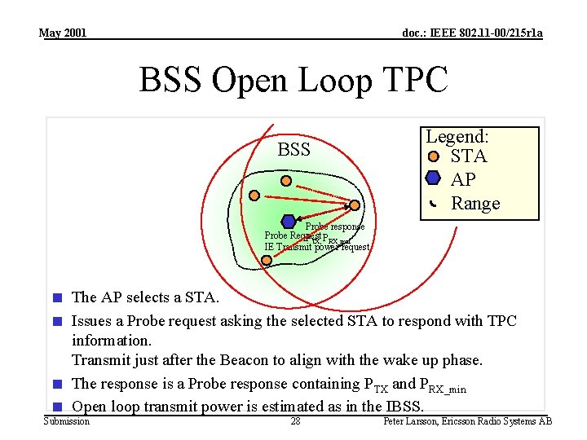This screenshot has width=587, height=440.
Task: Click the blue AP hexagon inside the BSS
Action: point(288,221)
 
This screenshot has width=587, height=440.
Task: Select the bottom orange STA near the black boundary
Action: point(267,260)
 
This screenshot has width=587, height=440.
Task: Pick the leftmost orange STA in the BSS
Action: point(255,196)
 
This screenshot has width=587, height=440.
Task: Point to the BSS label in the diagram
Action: point(293,150)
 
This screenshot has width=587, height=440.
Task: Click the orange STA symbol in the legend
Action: point(434,156)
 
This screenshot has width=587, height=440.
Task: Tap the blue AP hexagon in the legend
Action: point(433,178)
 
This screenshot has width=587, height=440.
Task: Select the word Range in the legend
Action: point(475,203)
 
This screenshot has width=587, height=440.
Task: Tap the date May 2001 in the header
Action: point(62,33)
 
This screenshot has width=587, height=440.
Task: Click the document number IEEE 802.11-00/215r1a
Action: point(473,33)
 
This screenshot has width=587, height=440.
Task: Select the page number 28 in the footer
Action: point(295,421)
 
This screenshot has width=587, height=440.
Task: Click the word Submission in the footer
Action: point(66,421)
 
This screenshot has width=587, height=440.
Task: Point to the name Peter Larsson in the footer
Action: point(413,421)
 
